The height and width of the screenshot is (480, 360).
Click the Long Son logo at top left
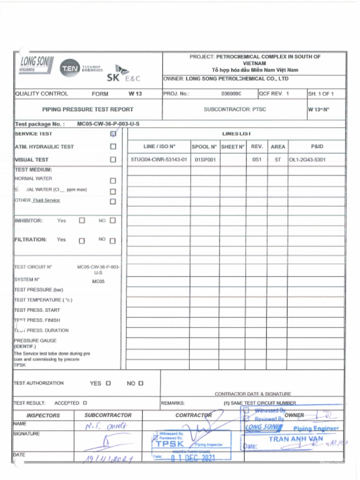(36, 64)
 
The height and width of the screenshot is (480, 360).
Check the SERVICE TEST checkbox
(113, 134)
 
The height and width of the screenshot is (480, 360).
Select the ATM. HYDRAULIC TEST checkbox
(113, 147)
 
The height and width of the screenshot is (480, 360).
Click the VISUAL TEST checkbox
(113, 160)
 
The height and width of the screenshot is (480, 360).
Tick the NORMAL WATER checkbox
(112, 181)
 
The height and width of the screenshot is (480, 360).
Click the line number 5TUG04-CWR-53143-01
(159, 160)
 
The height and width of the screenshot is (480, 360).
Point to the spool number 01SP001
(205, 160)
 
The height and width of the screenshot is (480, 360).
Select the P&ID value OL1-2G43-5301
(307, 160)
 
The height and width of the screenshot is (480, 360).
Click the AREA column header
(277, 147)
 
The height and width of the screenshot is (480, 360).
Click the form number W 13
(135, 94)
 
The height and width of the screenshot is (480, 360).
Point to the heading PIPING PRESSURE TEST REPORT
(88, 110)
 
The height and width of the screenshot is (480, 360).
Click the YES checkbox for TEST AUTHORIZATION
(108, 383)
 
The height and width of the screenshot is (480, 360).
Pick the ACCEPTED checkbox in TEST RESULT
(85, 403)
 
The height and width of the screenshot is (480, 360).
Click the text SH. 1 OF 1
(321, 94)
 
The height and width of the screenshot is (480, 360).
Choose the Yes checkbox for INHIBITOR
(82, 220)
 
